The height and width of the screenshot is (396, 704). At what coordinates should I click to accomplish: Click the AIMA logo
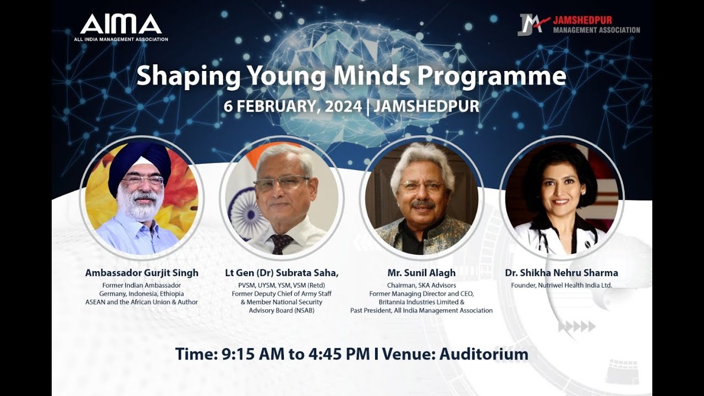click(x=121, y=25)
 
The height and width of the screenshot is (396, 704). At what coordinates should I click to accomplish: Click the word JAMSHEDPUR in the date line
click(x=426, y=106)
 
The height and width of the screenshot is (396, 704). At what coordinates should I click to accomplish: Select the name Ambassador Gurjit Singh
click(x=141, y=273)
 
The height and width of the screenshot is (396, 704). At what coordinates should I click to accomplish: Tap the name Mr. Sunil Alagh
click(x=421, y=273)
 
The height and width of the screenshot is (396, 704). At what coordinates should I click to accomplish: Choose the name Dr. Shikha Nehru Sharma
click(x=562, y=273)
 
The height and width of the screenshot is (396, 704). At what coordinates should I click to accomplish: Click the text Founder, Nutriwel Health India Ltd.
click(x=562, y=285)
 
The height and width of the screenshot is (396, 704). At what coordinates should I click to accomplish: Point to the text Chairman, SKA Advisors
click(x=421, y=285)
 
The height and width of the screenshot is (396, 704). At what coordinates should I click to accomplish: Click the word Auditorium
click(x=483, y=354)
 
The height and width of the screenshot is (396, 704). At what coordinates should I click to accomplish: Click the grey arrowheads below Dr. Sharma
click(x=577, y=327)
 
